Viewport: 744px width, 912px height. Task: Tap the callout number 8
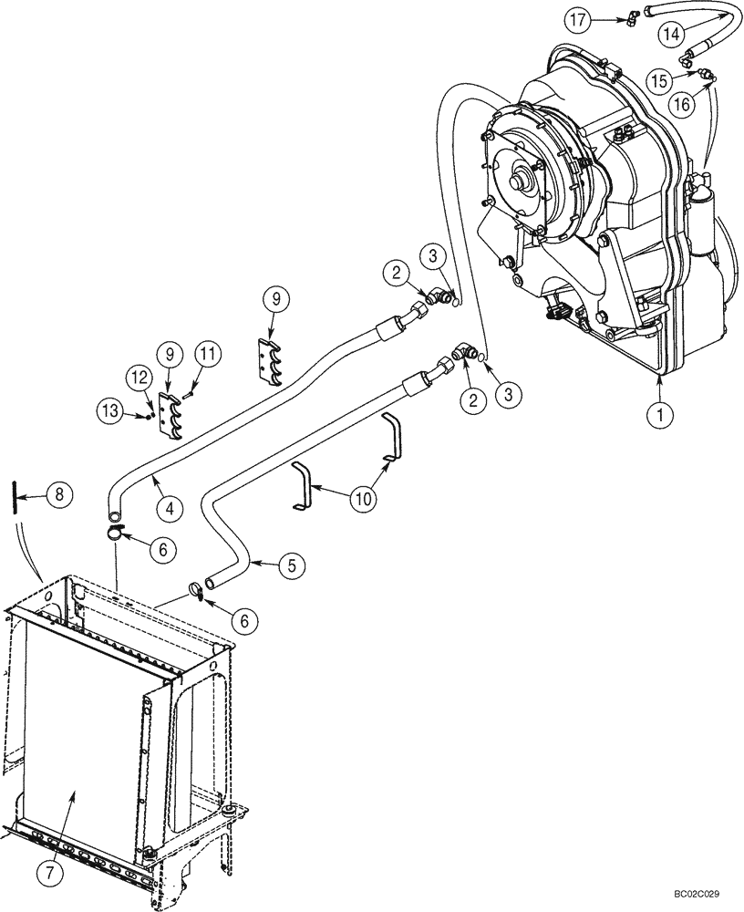pyautogui.click(x=59, y=497)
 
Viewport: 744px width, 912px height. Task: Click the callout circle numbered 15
pyautogui.click(x=659, y=79)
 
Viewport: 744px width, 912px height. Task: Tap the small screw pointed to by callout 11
pyautogui.click(x=187, y=394)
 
